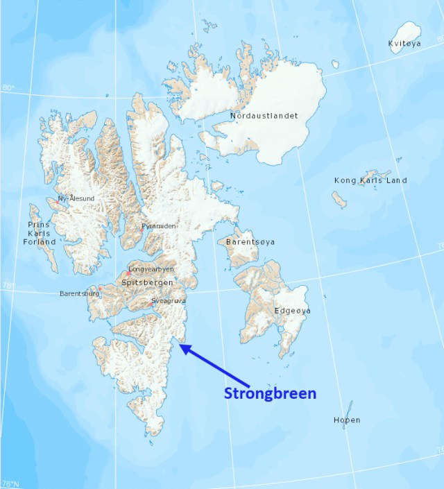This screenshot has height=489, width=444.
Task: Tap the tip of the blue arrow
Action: coord(180,345)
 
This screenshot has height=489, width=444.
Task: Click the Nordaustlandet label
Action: coord(263,116)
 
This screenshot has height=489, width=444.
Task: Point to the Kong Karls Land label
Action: coord(370,180)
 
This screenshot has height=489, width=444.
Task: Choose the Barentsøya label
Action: coord(250,242)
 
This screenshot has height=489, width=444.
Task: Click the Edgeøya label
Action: coord(292,311)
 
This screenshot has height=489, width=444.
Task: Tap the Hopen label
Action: coord(346,420)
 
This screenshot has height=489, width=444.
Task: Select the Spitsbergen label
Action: coord(147,282)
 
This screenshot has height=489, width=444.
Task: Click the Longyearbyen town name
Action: coord(152,269)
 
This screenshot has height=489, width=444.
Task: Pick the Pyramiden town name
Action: coord(160,226)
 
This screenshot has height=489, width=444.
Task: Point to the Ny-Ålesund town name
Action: coord(77,198)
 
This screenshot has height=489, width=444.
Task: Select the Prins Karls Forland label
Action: coord(41,234)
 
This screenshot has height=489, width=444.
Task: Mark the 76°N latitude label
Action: coord(10,483)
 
